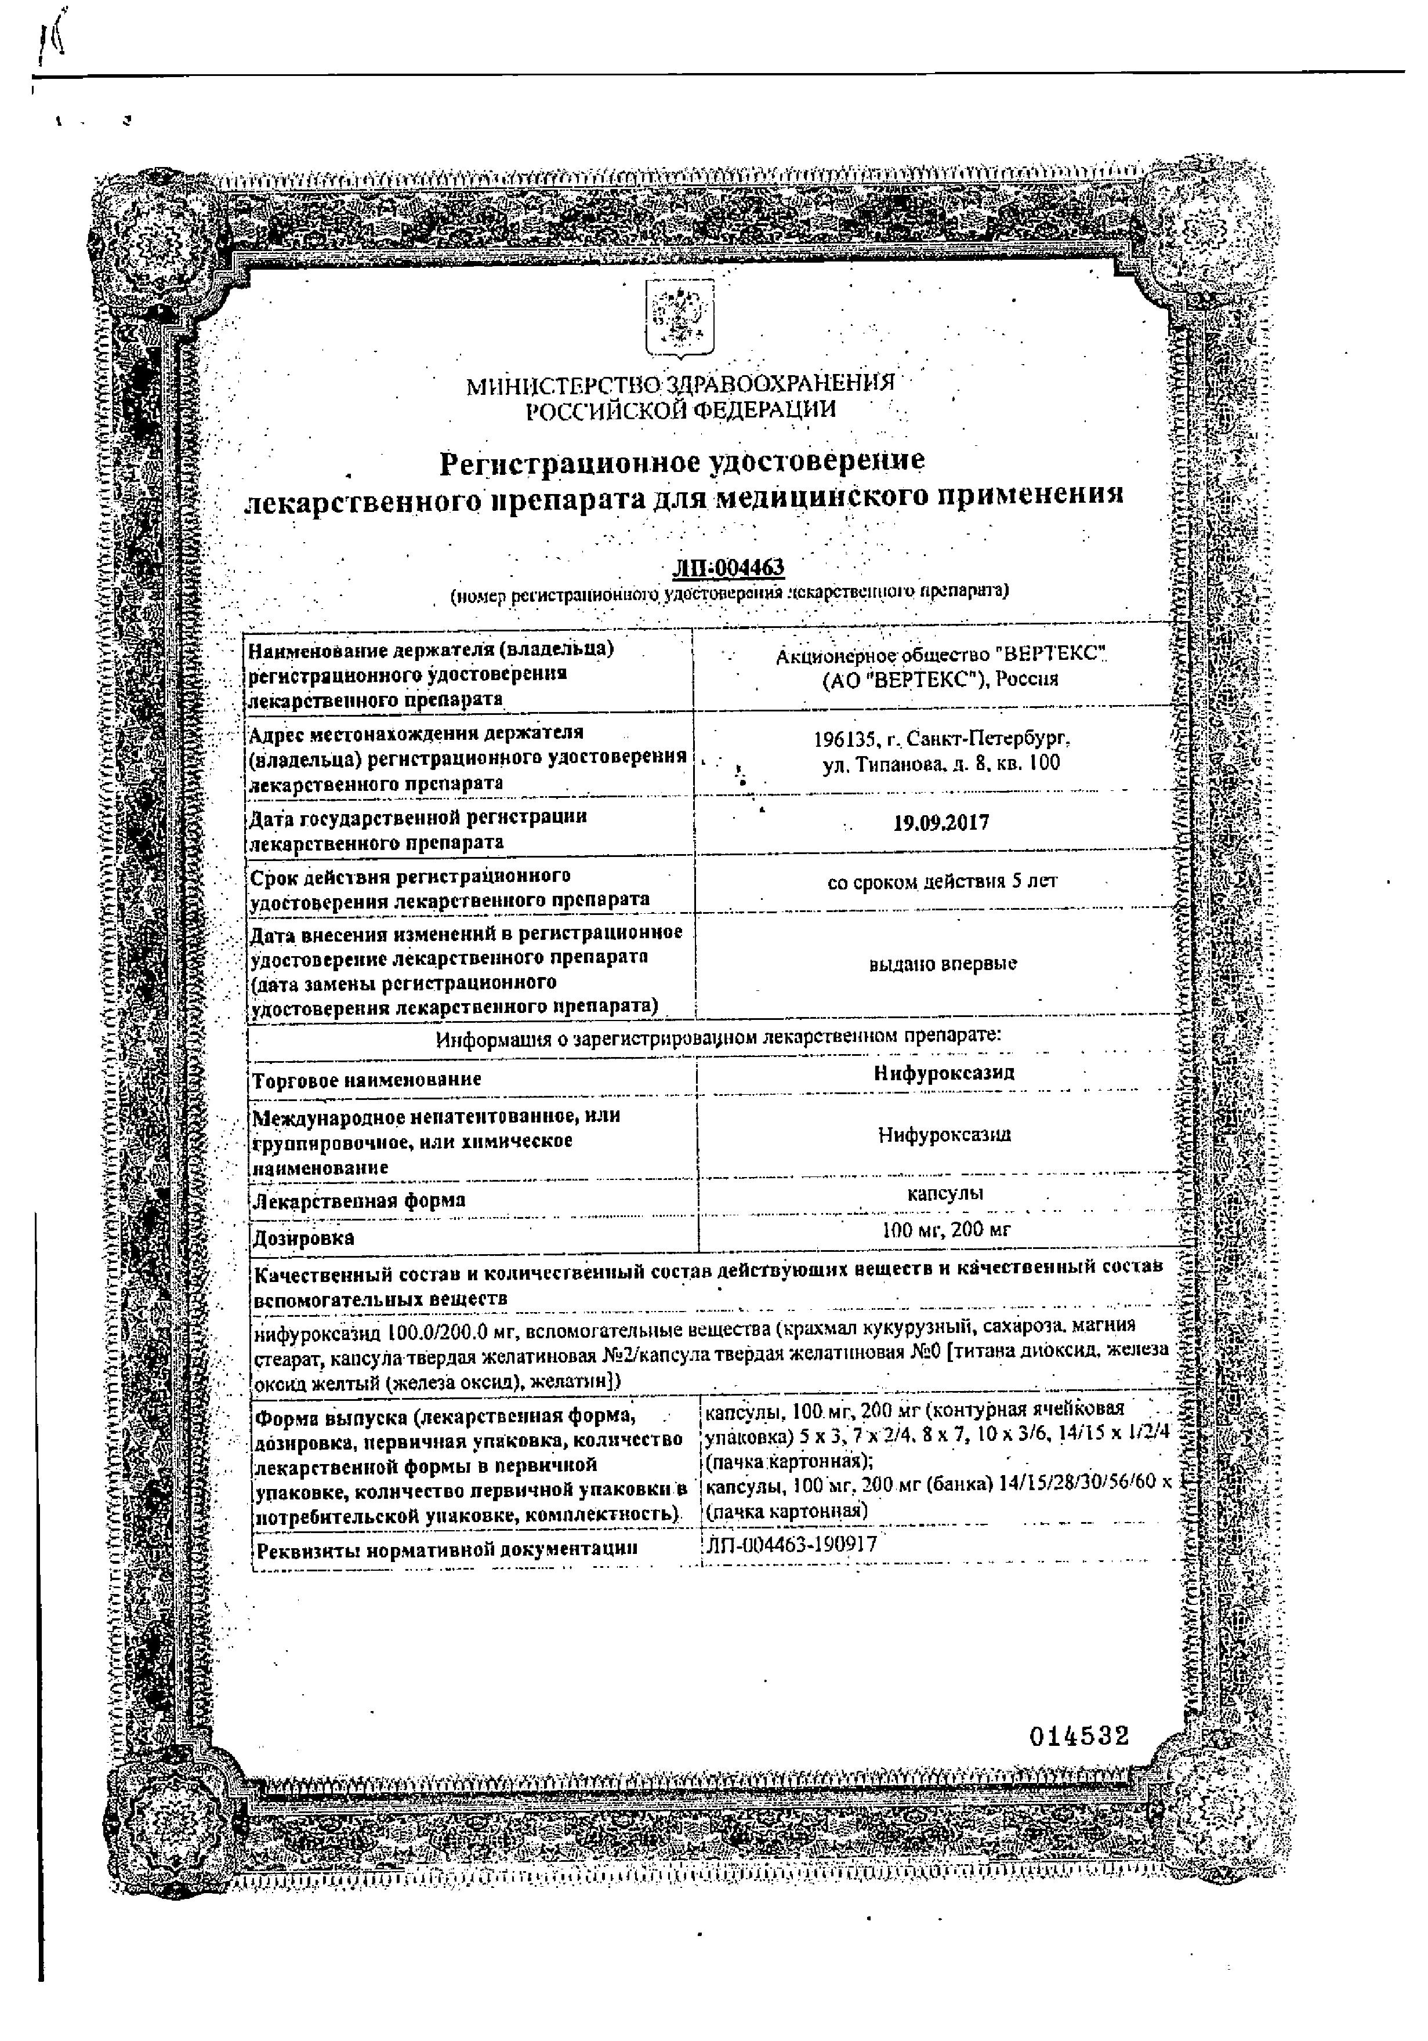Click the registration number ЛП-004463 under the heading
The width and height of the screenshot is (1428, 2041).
pyautogui.click(x=729, y=567)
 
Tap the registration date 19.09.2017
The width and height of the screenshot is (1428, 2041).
pyautogui.click(x=941, y=822)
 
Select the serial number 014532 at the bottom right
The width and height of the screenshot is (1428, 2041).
pyautogui.click(x=1079, y=1736)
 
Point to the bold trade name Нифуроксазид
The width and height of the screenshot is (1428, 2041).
pyautogui.click(x=944, y=1073)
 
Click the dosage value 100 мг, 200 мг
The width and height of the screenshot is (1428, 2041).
pyautogui.click(x=946, y=1230)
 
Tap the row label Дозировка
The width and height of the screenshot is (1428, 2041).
pyautogui.click(x=304, y=1237)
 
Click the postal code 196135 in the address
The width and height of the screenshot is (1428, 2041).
pyautogui.click(x=843, y=739)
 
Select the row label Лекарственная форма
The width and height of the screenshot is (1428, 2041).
pyautogui.click(x=358, y=1201)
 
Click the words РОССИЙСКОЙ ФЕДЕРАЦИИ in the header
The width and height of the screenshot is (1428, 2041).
pyautogui.click(x=680, y=410)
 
